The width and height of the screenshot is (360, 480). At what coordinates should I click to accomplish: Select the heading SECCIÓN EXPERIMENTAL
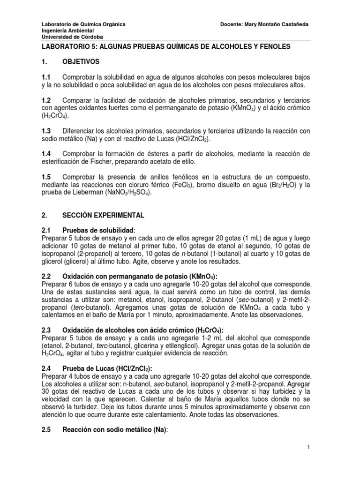click(103, 215)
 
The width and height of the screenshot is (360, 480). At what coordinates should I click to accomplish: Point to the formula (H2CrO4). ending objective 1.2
click(55, 116)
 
